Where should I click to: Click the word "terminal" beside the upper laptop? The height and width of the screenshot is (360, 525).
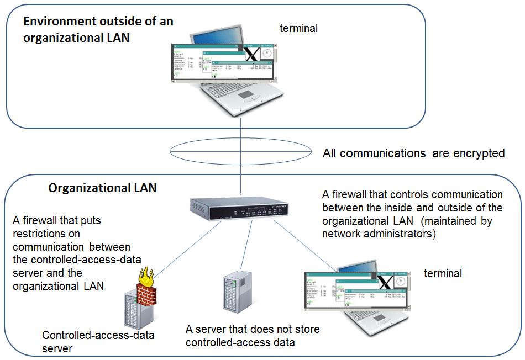298,28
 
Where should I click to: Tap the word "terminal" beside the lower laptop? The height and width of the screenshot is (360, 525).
443,273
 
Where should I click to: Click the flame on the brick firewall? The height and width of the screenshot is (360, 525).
147,276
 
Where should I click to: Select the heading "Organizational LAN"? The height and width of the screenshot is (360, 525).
102,188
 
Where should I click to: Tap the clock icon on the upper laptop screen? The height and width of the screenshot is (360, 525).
267,53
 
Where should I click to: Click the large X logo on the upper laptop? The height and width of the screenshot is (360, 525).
251,54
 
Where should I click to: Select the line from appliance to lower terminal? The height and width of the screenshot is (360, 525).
304,242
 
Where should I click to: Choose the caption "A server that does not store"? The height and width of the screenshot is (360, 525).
253,330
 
